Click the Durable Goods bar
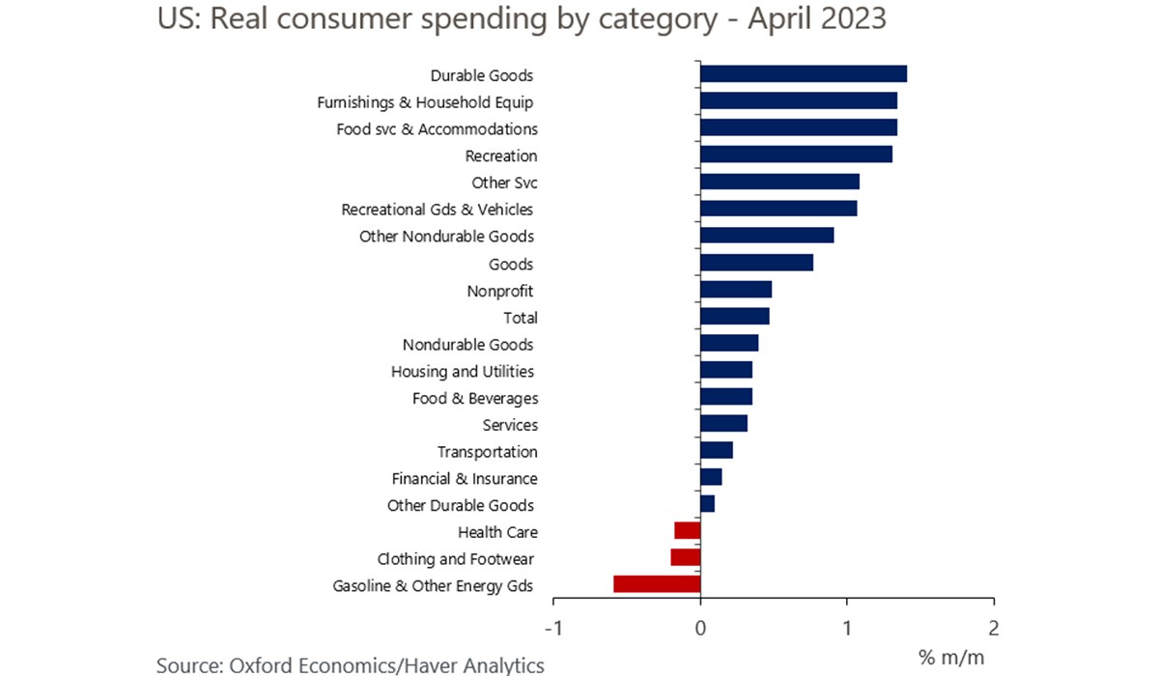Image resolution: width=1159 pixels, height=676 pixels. click(x=803, y=74)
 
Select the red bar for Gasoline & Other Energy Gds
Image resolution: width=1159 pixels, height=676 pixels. click(x=657, y=584)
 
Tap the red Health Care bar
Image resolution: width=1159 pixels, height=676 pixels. click(x=687, y=530)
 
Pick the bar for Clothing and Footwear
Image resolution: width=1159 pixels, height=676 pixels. click(x=685, y=557)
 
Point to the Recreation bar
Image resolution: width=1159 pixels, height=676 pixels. click(x=796, y=155)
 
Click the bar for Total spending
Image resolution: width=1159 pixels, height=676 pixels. click(x=734, y=316)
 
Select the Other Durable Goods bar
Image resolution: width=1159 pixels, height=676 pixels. click(x=707, y=504)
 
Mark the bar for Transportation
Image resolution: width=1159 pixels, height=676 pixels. click(x=717, y=450)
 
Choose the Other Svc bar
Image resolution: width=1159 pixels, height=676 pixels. click(x=779, y=182)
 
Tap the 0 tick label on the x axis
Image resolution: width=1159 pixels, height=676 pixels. click(x=700, y=628)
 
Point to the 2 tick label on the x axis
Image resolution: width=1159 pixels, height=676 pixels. click(x=994, y=628)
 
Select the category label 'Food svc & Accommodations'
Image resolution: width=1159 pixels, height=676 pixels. click(x=437, y=128)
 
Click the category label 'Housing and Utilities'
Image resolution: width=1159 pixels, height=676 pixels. click(x=463, y=371)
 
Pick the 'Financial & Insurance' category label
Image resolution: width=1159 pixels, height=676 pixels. click(x=465, y=478)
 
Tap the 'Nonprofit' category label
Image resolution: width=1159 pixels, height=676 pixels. click(x=500, y=291)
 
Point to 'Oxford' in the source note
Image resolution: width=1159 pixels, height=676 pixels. click(x=264, y=664)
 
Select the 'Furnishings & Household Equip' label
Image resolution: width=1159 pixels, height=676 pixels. click(x=426, y=101)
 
